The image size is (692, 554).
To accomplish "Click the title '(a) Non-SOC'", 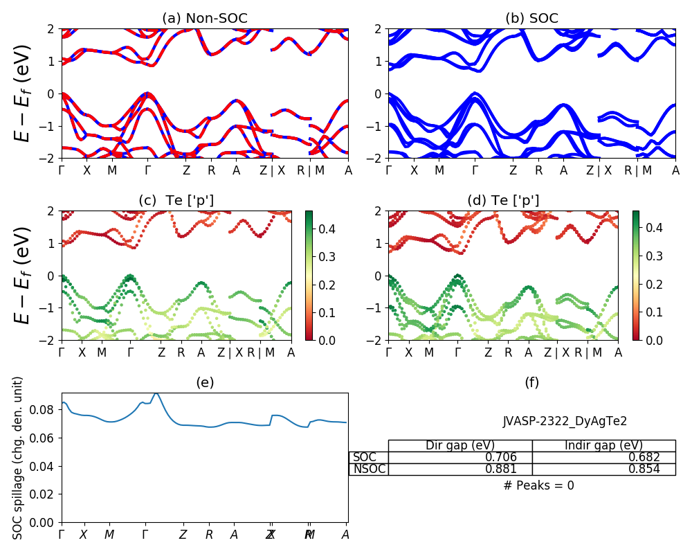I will click(x=205, y=18).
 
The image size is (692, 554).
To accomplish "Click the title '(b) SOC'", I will click(x=531, y=18).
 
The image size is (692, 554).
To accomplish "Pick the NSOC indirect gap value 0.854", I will click(x=642, y=469).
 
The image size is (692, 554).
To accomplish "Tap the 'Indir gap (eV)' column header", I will click(x=603, y=445).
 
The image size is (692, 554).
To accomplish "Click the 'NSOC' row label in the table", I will click(x=369, y=469).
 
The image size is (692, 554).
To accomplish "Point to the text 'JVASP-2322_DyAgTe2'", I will click(x=565, y=420).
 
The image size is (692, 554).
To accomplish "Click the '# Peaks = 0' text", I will click(x=538, y=485).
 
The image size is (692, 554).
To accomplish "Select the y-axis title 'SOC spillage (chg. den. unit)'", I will click(x=18, y=458).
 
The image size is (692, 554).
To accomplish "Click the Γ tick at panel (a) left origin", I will click(x=62, y=170).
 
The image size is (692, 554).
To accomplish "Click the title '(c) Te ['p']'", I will click(x=176, y=200).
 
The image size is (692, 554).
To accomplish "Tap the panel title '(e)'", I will click(x=205, y=382).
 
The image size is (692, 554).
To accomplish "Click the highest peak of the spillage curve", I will click(x=156, y=393).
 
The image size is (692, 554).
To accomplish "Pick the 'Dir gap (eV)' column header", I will click(x=460, y=445).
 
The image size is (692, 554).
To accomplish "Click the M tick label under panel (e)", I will click(x=109, y=535).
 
